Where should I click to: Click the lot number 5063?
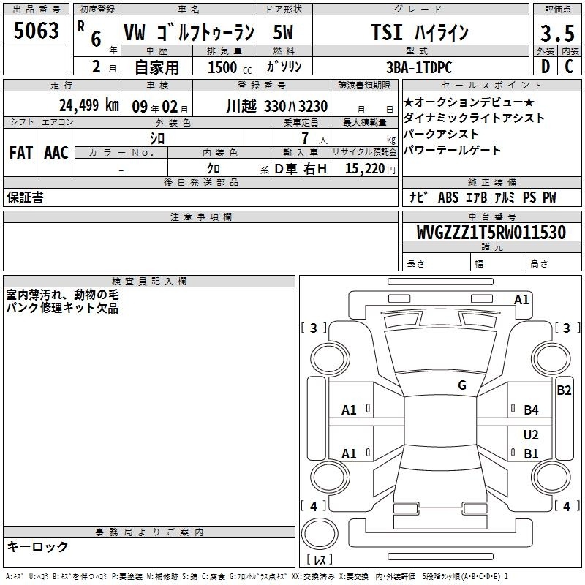tap(36, 31)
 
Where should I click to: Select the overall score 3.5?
tap(557, 34)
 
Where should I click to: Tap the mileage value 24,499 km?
tap(88, 105)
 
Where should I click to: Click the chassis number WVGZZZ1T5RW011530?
tap(491, 233)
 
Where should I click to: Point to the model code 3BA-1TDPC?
tap(419, 67)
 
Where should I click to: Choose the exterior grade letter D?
tap(545, 67)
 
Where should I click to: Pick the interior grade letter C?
tap(569, 67)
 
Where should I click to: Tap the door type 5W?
tap(283, 32)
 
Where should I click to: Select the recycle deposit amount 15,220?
tap(365, 169)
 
